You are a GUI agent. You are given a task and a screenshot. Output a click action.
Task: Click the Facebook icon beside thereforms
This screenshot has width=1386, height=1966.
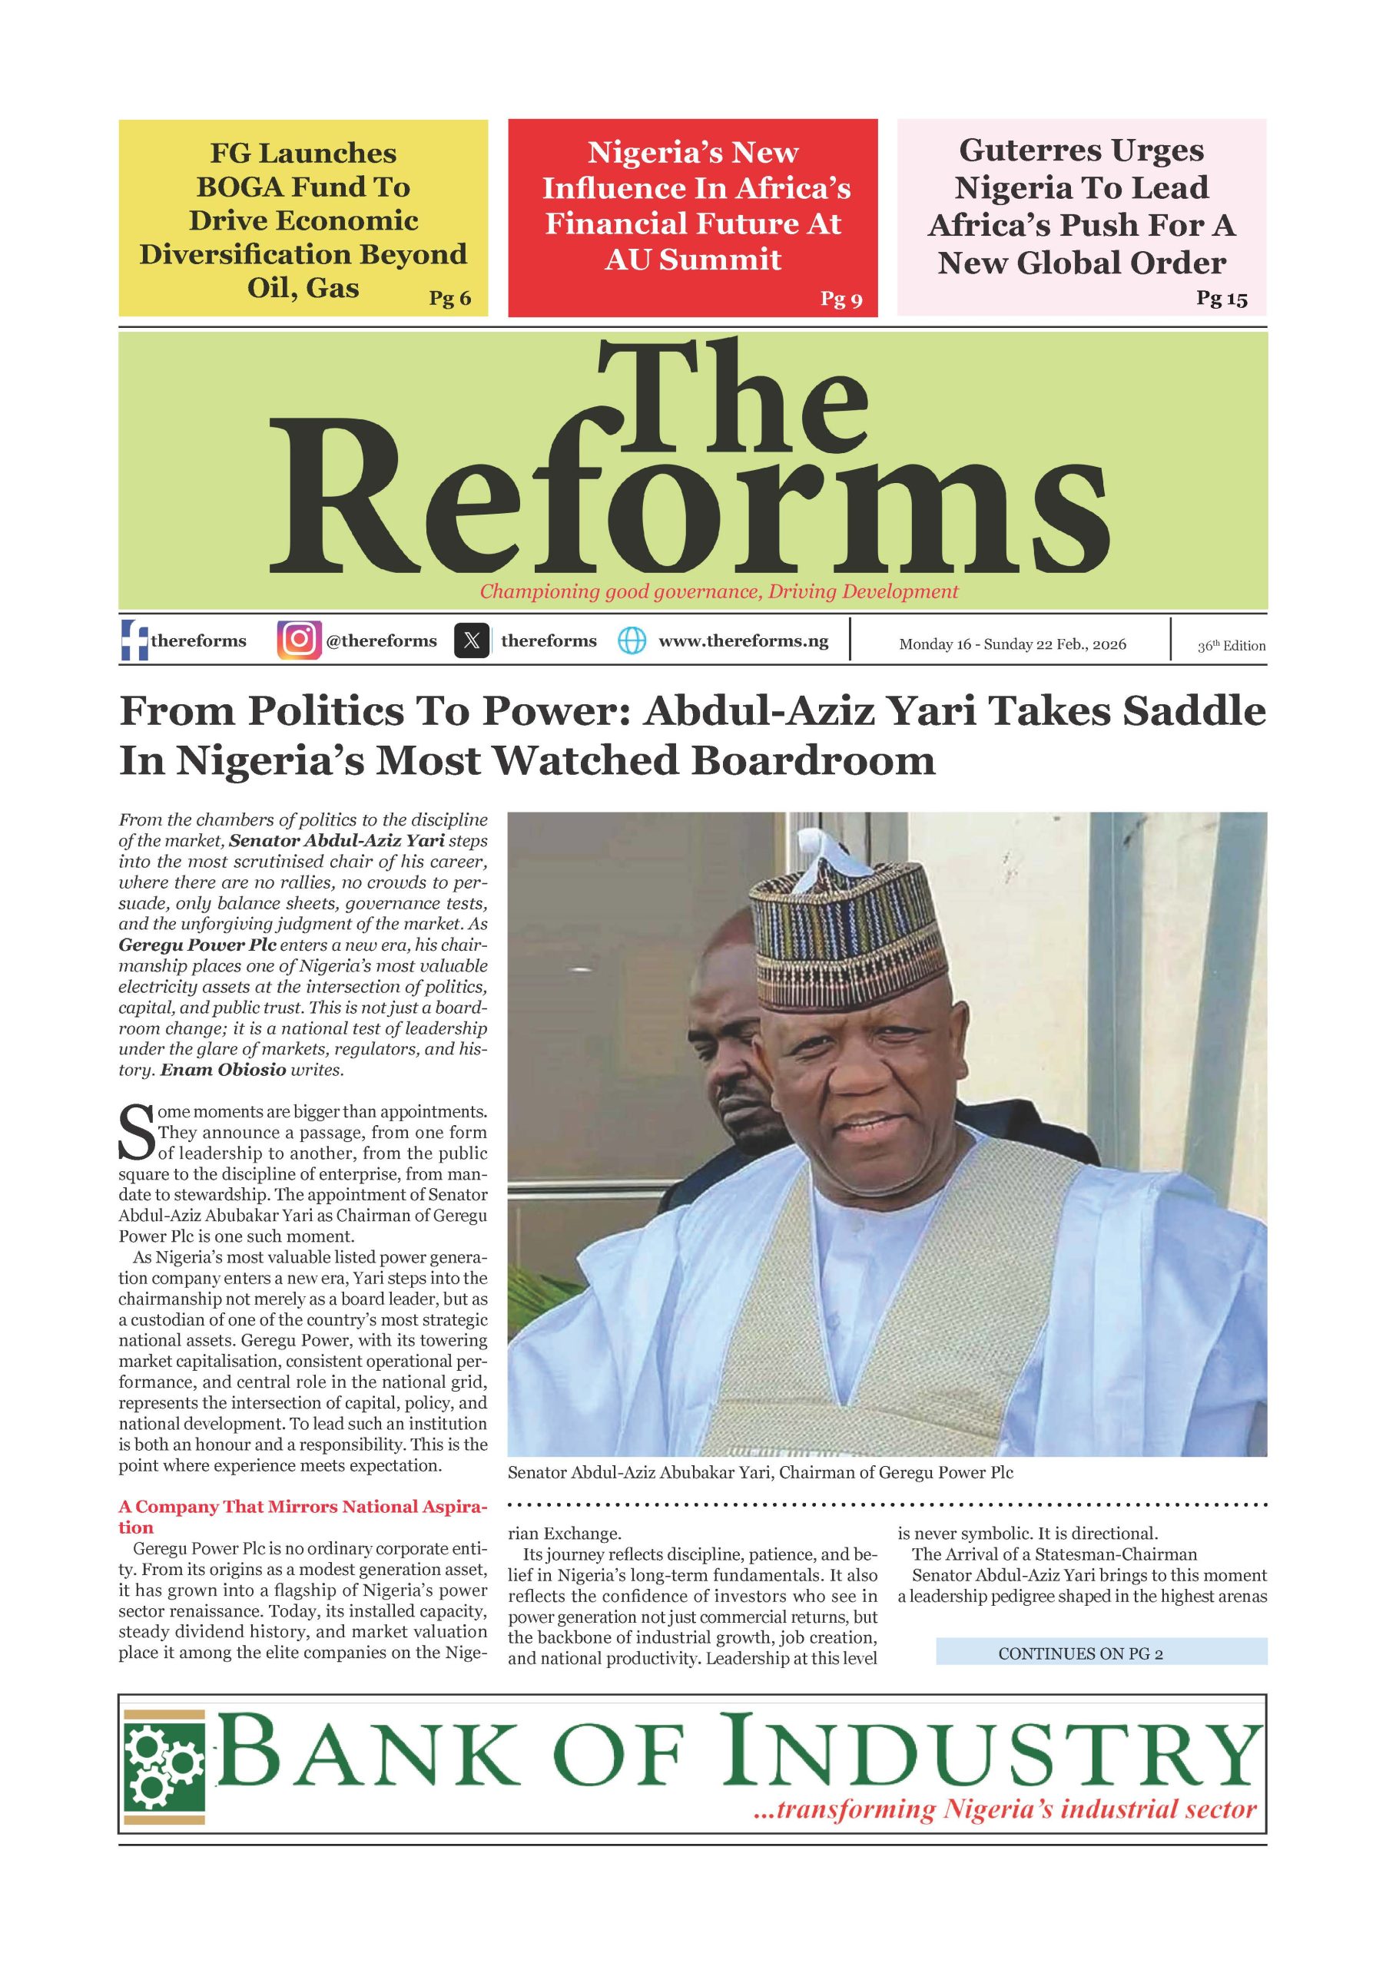(133, 640)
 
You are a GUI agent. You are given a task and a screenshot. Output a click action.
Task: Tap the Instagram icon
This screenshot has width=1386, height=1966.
(299, 640)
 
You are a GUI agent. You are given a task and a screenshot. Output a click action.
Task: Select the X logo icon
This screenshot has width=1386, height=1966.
(472, 640)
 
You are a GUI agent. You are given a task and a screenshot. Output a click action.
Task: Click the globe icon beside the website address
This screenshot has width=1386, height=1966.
(632, 640)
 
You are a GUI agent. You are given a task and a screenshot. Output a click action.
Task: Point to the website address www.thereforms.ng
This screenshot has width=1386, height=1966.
(743, 640)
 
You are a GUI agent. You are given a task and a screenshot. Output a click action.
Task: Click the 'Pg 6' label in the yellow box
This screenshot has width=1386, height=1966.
(449, 298)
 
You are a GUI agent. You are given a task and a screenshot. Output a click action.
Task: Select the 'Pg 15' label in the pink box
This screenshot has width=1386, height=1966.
(1222, 298)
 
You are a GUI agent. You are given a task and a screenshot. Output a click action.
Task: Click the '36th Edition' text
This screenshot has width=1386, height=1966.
(1231, 646)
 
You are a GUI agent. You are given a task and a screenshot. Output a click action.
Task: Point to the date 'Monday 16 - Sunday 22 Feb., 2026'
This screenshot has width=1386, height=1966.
(1013, 644)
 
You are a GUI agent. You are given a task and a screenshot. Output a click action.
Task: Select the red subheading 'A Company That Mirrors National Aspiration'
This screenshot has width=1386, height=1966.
(303, 1516)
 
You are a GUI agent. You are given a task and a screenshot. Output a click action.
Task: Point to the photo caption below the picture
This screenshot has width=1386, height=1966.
(760, 1472)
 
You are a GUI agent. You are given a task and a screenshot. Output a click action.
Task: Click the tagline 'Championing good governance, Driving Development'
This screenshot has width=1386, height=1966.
(718, 591)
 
